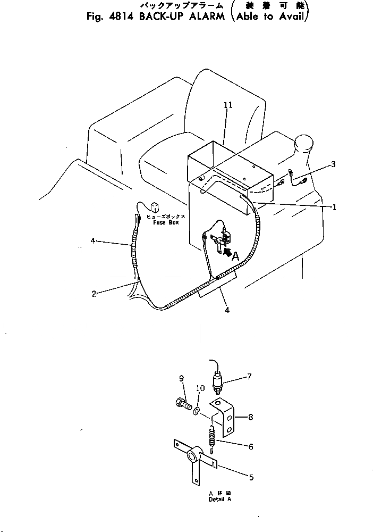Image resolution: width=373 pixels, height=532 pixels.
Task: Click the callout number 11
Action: click(228, 106)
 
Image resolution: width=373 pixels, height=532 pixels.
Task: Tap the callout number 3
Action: click(333, 164)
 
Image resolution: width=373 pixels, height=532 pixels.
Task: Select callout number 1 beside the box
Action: click(334, 207)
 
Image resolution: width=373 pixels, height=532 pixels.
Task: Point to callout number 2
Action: click(94, 294)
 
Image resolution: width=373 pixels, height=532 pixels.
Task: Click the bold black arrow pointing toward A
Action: click(226, 252)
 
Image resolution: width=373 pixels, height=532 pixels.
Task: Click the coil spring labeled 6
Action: click(212, 437)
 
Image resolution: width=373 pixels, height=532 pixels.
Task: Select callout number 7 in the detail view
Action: click(249, 377)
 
